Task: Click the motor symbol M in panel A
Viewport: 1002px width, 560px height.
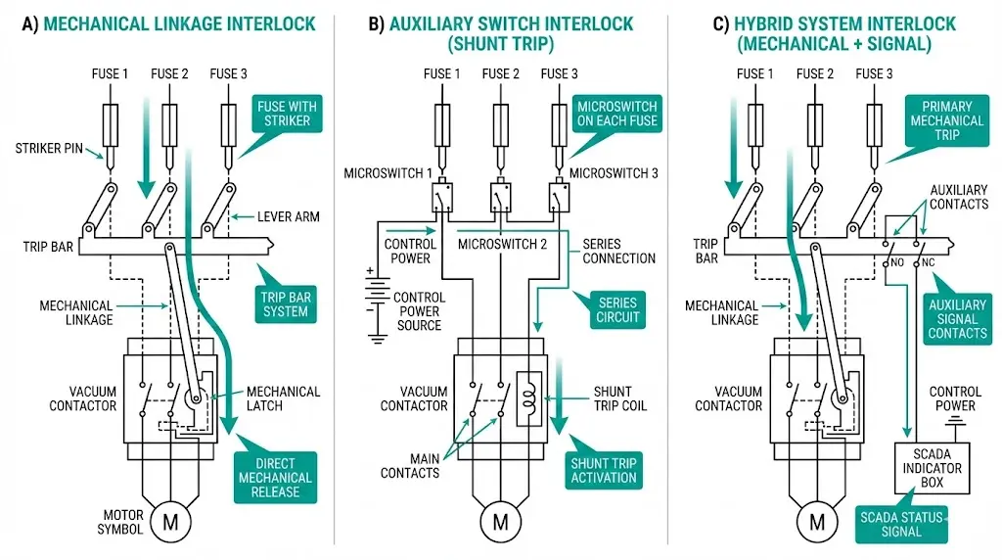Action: click(x=170, y=521)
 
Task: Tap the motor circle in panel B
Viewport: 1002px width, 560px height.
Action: click(x=500, y=521)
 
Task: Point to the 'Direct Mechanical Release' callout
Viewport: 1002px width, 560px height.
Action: click(x=275, y=478)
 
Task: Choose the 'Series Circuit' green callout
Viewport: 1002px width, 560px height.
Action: click(x=618, y=309)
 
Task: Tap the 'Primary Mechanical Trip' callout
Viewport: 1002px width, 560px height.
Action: click(x=945, y=121)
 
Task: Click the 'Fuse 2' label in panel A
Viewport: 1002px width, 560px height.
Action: click(x=169, y=73)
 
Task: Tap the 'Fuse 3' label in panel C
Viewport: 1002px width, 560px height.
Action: click(x=874, y=73)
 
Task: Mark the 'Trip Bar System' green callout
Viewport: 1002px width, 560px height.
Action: click(x=284, y=303)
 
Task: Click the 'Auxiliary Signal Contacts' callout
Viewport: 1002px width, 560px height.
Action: click(x=957, y=318)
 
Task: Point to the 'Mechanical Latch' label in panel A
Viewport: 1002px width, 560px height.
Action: click(x=283, y=399)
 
